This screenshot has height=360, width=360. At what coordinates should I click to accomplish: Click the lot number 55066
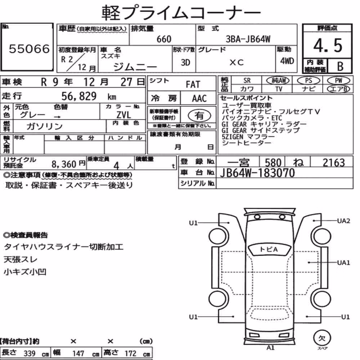click(29, 49)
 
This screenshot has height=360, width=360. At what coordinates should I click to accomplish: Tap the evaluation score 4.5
click(328, 45)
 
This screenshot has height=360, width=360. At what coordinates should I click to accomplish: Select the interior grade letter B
click(340, 66)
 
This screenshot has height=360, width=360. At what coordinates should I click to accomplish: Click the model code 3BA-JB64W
click(248, 39)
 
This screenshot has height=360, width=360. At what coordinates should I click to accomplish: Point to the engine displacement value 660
click(164, 39)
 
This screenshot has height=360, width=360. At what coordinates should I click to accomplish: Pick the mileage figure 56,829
click(79, 96)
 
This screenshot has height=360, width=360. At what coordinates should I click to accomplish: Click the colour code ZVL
click(123, 115)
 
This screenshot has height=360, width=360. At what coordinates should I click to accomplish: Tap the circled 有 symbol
click(199, 116)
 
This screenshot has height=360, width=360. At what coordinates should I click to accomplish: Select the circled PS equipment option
click(309, 81)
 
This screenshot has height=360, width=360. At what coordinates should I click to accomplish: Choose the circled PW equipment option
click(338, 81)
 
